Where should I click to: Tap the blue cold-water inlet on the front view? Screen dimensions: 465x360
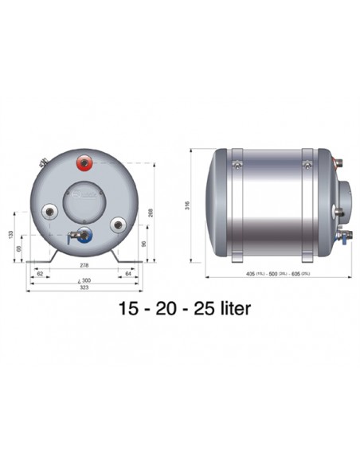pyautogui.click(x=84, y=236)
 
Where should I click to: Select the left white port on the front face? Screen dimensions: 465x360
pyautogui.click(x=51, y=213)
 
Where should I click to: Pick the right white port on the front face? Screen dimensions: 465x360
pyautogui.click(x=118, y=225)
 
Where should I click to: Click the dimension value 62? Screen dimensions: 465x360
pyautogui.click(x=40, y=274)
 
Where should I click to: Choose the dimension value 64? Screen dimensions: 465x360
pyautogui.click(x=128, y=274)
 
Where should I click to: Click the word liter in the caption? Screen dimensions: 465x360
pyautogui.click(x=232, y=309)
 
